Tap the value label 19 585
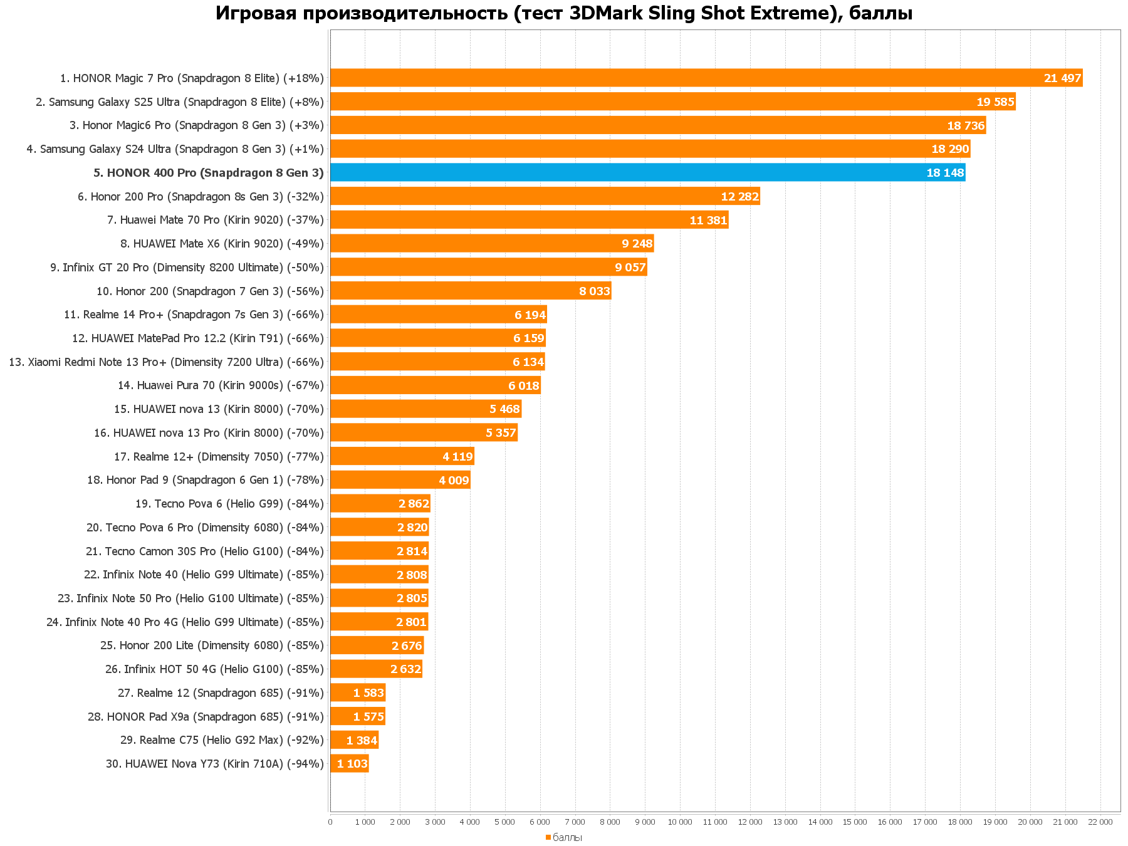pos(995,102)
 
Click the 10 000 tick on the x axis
pos(680,822)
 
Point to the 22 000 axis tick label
pos(1100,822)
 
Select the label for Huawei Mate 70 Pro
pos(216,220)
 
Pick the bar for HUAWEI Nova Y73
pos(349,763)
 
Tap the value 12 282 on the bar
pos(739,196)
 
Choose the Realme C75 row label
pos(222,740)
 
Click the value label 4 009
pos(454,480)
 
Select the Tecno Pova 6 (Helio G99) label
pos(229,504)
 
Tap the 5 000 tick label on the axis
pos(505,822)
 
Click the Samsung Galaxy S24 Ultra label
pos(175,149)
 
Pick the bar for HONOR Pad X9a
pos(357,716)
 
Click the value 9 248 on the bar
pos(637,243)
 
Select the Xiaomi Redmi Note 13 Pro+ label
pos(166,362)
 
